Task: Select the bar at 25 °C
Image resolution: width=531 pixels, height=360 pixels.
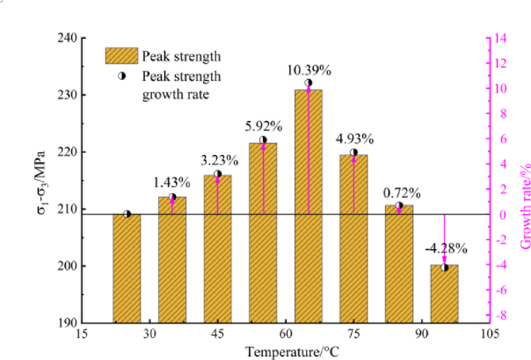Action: [126, 268]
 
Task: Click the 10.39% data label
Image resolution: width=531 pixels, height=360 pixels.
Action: [309, 70]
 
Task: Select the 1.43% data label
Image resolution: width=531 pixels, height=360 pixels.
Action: [172, 183]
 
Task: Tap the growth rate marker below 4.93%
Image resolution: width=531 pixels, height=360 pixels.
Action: [353, 153]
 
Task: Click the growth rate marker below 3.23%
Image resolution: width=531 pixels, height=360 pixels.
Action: [217, 174]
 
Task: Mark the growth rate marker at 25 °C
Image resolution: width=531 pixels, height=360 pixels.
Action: [126, 214]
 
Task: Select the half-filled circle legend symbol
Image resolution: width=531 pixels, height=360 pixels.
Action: [121, 77]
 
